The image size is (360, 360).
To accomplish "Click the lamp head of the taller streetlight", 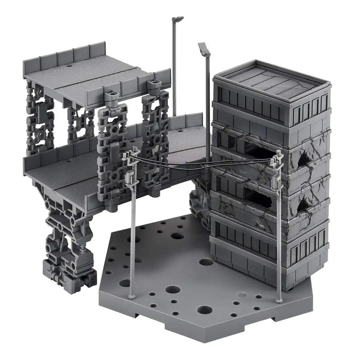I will click(x=178, y=19).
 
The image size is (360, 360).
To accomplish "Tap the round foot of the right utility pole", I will click(x=279, y=299).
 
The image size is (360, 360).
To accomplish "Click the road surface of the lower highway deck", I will click(x=67, y=177).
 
